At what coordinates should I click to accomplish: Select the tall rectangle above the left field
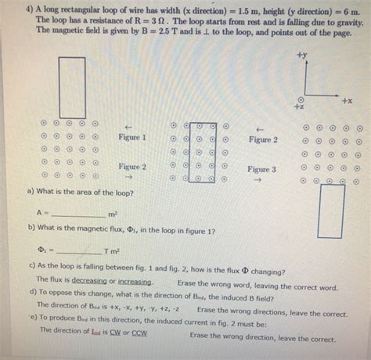coord(72,86)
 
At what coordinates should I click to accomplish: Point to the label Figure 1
coord(132,137)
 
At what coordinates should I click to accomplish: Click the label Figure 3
coord(261,169)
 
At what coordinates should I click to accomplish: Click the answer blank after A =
coord(77,213)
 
